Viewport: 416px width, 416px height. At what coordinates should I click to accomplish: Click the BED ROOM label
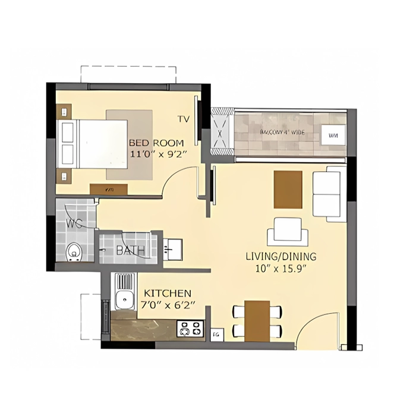pyautogui.click(x=156, y=143)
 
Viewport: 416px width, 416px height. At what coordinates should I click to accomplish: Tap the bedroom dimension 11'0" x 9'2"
pyautogui.click(x=157, y=154)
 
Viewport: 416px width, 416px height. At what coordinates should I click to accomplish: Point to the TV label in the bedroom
pyautogui.click(x=183, y=119)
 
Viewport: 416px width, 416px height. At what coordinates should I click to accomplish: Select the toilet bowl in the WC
pyautogui.click(x=74, y=253)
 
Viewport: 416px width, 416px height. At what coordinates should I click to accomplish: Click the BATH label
pyautogui.click(x=130, y=251)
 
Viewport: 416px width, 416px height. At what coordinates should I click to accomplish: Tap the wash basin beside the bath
pyautogui.click(x=172, y=248)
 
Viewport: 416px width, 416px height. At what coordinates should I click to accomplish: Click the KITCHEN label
pyautogui.click(x=168, y=294)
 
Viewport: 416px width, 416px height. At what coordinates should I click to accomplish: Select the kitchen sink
pyautogui.click(x=124, y=299)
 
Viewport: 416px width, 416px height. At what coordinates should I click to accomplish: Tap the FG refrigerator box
pyautogui.click(x=216, y=334)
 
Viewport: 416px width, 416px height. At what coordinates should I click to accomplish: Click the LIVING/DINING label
pyautogui.click(x=281, y=257)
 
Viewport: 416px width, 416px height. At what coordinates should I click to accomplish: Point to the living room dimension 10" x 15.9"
pyautogui.click(x=281, y=269)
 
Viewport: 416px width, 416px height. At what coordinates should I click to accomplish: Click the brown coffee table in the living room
pyautogui.click(x=288, y=190)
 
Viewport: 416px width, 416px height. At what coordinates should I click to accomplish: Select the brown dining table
pyautogui.click(x=257, y=320)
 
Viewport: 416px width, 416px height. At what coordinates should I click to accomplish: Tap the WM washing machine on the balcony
pyautogui.click(x=330, y=134)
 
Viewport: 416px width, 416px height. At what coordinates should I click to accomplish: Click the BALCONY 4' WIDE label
pyautogui.click(x=282, y=132)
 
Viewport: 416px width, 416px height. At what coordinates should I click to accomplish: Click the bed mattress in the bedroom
pyautogui.click(x=103, y=144)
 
